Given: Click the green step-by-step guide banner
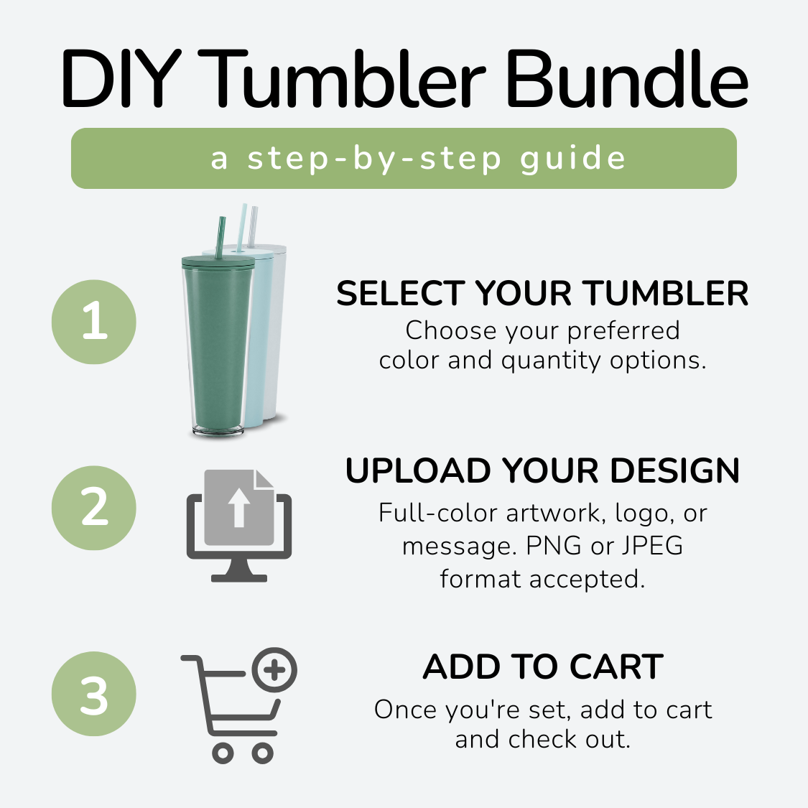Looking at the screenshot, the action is (404, 158).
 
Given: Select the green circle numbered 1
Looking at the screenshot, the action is (94, 322).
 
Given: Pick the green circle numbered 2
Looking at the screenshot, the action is (94, 508).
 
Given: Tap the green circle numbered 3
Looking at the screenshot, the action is (94, 694).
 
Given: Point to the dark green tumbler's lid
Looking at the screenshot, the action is (218, 261).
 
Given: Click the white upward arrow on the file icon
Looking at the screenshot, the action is (238, 508).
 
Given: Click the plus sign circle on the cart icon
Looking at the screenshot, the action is (274, 670).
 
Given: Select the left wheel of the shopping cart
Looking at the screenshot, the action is (223, 753).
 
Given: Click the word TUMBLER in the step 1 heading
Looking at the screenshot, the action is (667, 293).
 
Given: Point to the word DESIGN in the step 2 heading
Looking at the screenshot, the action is (675, 470).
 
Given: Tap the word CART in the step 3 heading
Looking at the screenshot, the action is (616, 667).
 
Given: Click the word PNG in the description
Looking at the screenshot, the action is (554, 546).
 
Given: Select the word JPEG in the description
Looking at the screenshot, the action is (652, 546).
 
